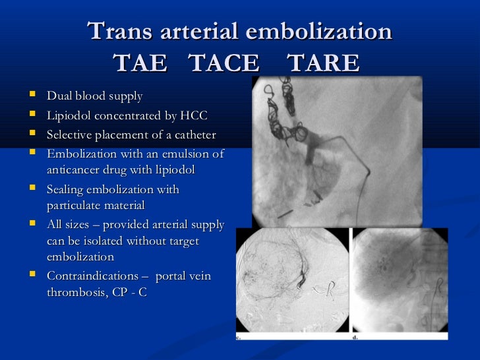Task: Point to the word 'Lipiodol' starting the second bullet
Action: [67, 116]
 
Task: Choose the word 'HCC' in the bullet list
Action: [194, 116]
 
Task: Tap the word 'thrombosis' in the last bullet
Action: [75, 292]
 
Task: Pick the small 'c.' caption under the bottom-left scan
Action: [238, 337]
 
